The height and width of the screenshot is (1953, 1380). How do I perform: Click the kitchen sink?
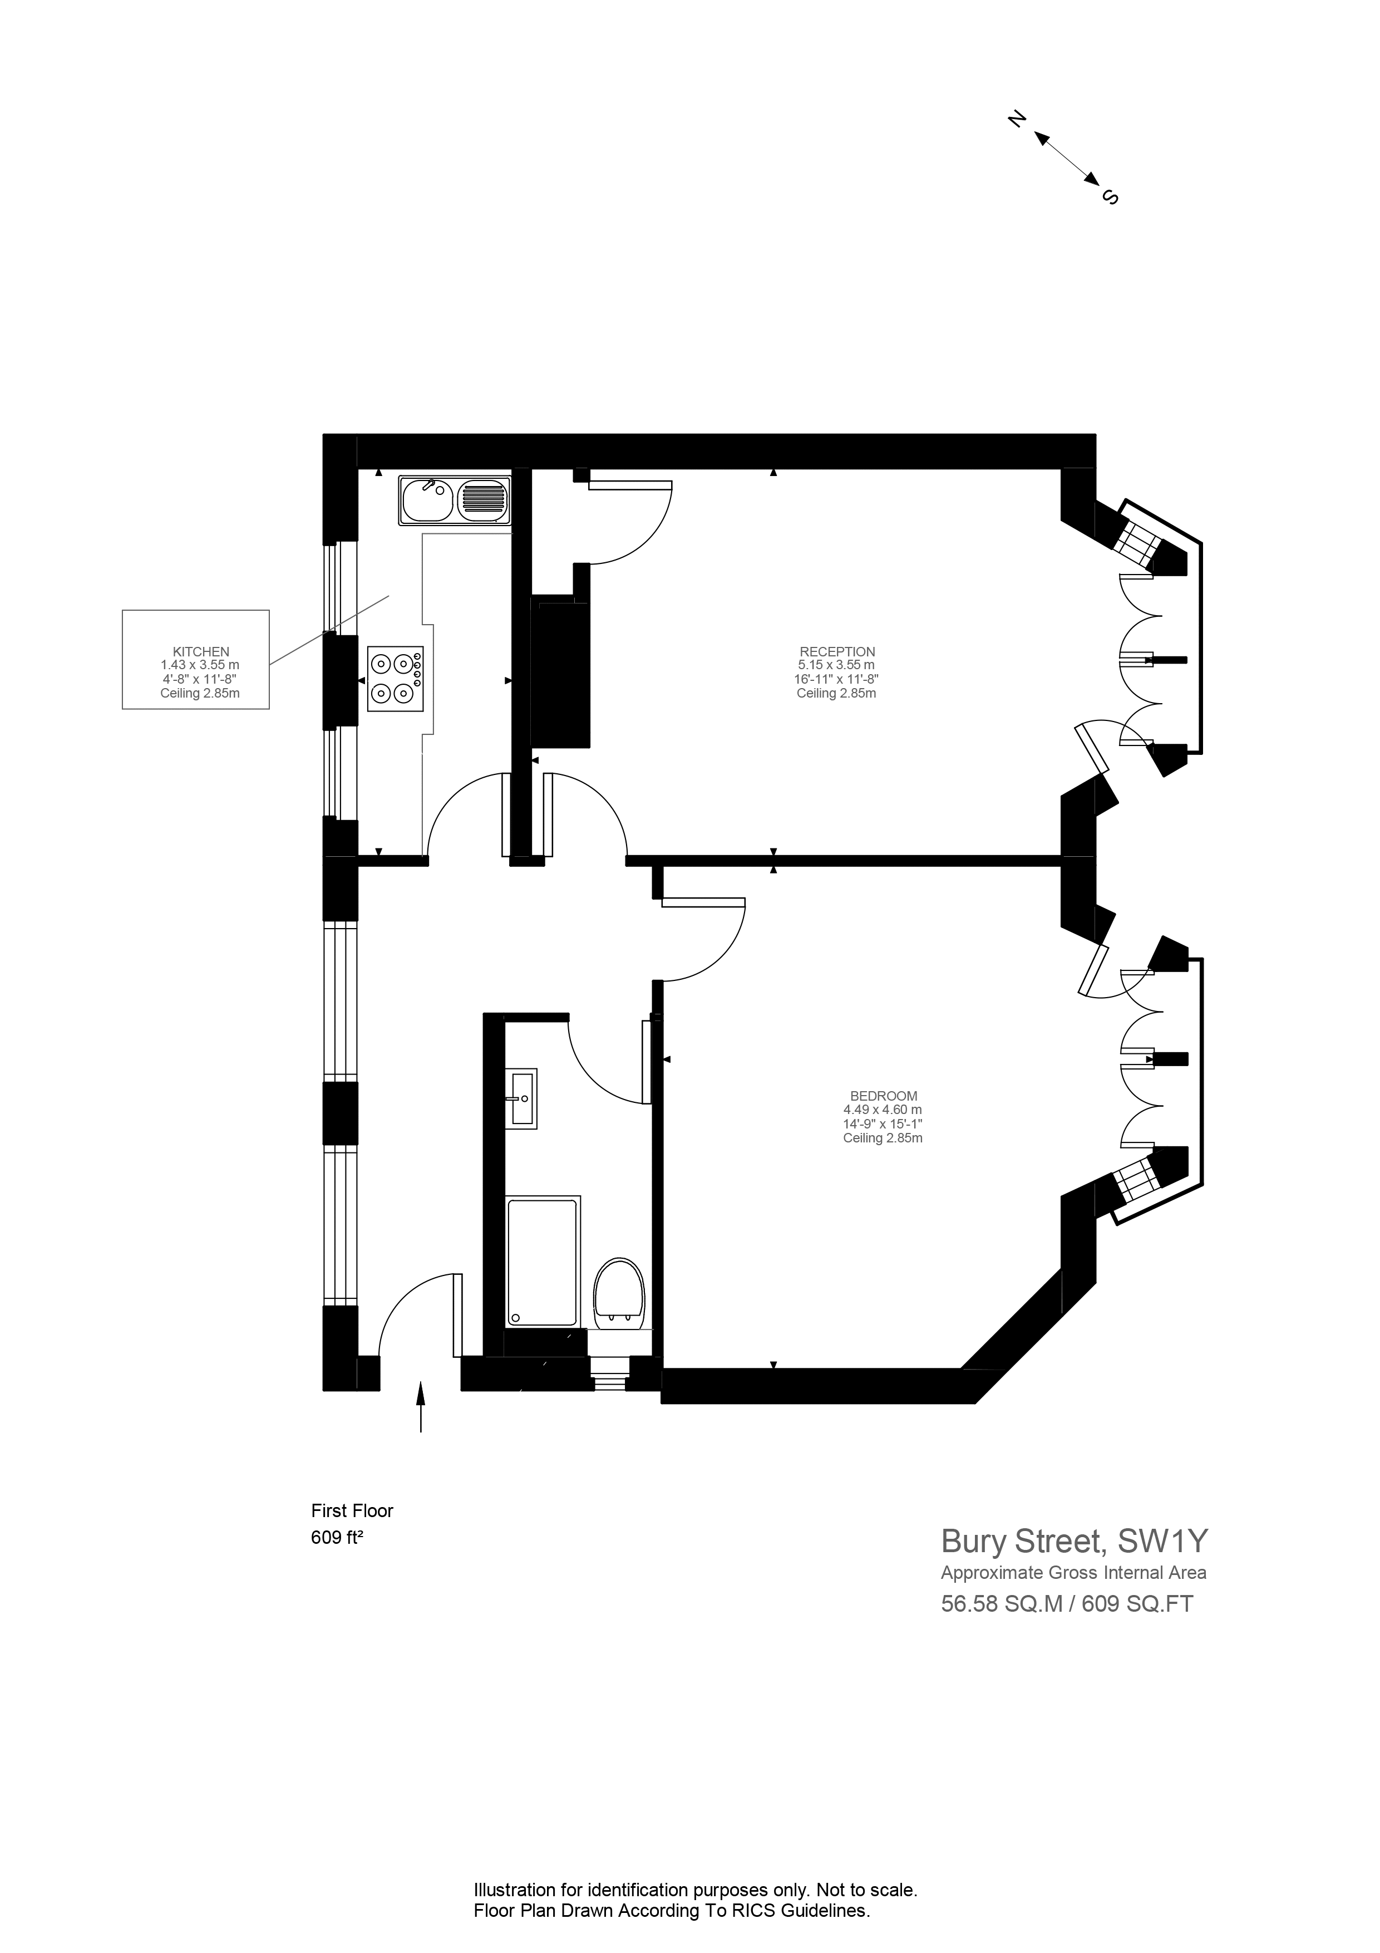pos(455,499)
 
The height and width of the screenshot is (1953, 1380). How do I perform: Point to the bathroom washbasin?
pos(520,1098)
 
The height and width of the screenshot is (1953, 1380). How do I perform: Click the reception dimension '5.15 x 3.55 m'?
pos(837,665)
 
